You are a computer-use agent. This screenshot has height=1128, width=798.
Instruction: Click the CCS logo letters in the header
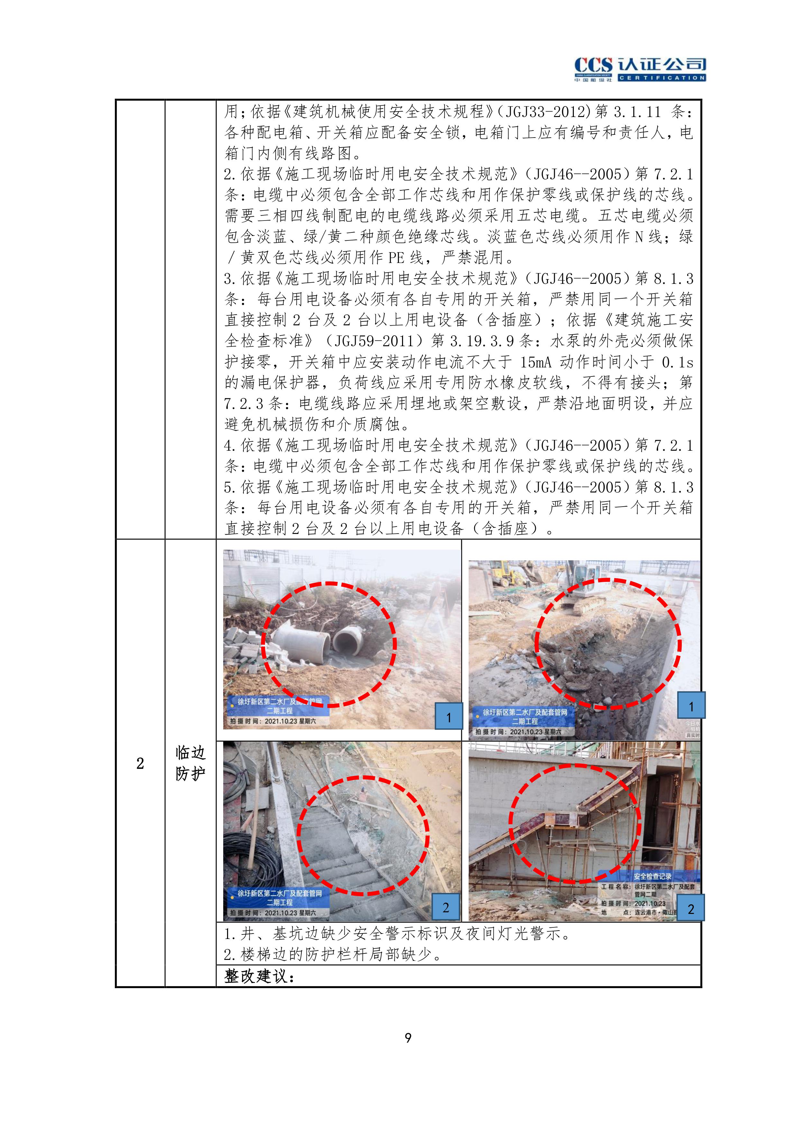(x=593, y=65)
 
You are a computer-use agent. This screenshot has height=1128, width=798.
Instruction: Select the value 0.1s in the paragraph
(x=677, y=362)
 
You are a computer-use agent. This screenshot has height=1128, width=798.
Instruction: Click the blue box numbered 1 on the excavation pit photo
(x=691, y=706)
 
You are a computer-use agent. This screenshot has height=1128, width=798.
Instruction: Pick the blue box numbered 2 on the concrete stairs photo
(x=445, y=907)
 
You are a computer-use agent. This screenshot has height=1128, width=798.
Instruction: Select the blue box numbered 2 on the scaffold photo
(x=691, y=908)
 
